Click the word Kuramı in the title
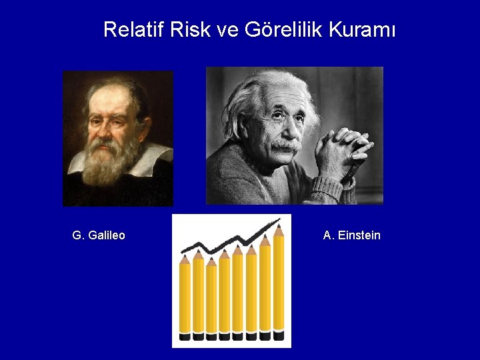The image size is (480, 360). (363, 30)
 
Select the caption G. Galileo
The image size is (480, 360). (99, 235)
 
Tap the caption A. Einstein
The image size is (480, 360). (351, 235)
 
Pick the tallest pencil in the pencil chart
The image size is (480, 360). (278, 280)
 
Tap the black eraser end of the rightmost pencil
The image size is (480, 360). (278, 335)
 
